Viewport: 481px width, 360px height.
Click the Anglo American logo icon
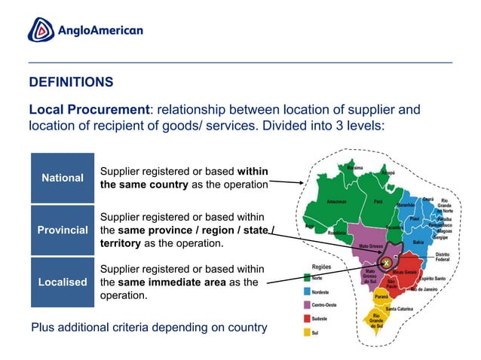click(x=41, y=30)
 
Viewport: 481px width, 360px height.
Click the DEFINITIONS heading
click(x=71, y=81)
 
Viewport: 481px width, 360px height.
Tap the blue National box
click(x=63, y=178)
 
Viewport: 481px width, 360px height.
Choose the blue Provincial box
click(x=63, y=230)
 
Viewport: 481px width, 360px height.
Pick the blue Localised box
click(x=63, y=282)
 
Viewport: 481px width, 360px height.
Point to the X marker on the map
click(x=384, y=262)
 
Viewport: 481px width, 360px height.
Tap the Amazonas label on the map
click(x=336, y=202)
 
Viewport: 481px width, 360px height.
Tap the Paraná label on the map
click(x=391, y=297)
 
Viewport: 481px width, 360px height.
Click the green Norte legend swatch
click(x=306, y=277)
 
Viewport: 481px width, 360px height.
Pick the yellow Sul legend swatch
click(x=306, y=331)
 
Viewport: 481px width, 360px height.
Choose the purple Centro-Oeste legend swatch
click(x=306, y=304)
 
